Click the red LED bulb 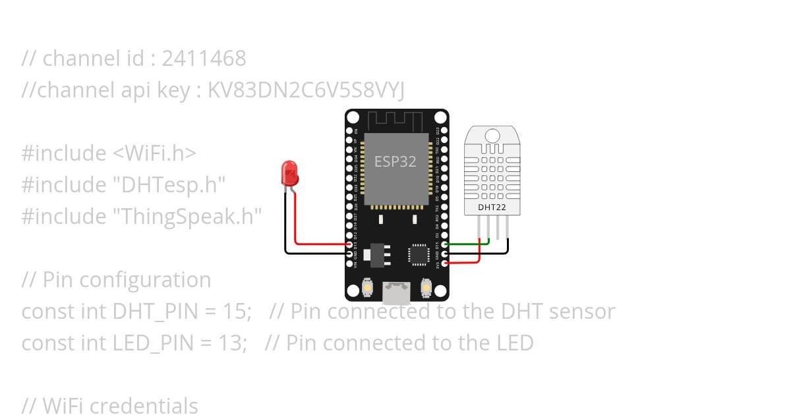point(289,173)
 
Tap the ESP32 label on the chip point(395,161)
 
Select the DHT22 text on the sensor point(492,207)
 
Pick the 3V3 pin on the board point(445,264)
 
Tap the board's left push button point(368,288)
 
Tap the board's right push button point(425,288)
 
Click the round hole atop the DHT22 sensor point(492,136)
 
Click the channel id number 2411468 point(204,59)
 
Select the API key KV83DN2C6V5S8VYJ point(306,90)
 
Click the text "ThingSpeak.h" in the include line point(187,217)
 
